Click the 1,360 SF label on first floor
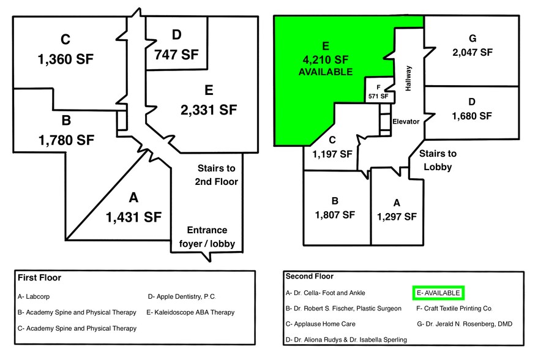[x=66, y=60]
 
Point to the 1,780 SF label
[x=66, y=140]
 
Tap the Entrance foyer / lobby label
[x=207, y=237]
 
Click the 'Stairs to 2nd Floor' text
[x=216, y=174]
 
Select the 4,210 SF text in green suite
[x=325, y=59]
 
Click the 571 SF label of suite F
[x=378, y=96]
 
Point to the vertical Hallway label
[x=408, y=78]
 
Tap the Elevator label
[x=406, y=121]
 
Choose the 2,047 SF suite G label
[x=472, y=52]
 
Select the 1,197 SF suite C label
[x=333, y=154]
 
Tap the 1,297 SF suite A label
[x=397, y=216]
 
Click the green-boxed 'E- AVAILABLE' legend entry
[x=438, y=293]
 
